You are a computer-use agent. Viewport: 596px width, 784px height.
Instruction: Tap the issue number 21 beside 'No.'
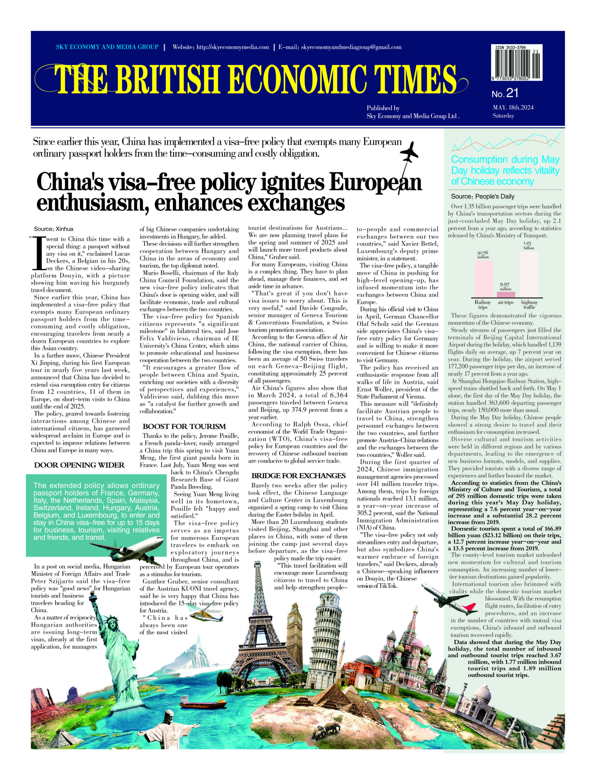(512, 93)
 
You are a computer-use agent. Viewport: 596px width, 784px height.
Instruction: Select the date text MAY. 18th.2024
(513, 107)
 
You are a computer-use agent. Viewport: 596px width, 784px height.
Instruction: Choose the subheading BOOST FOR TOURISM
(184, 426)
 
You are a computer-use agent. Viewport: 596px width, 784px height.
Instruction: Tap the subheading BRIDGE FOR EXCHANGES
(298, 476)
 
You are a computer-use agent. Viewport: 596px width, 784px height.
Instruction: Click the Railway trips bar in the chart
(484, 279)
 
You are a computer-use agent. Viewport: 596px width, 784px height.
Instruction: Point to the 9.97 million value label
(505, 286)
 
